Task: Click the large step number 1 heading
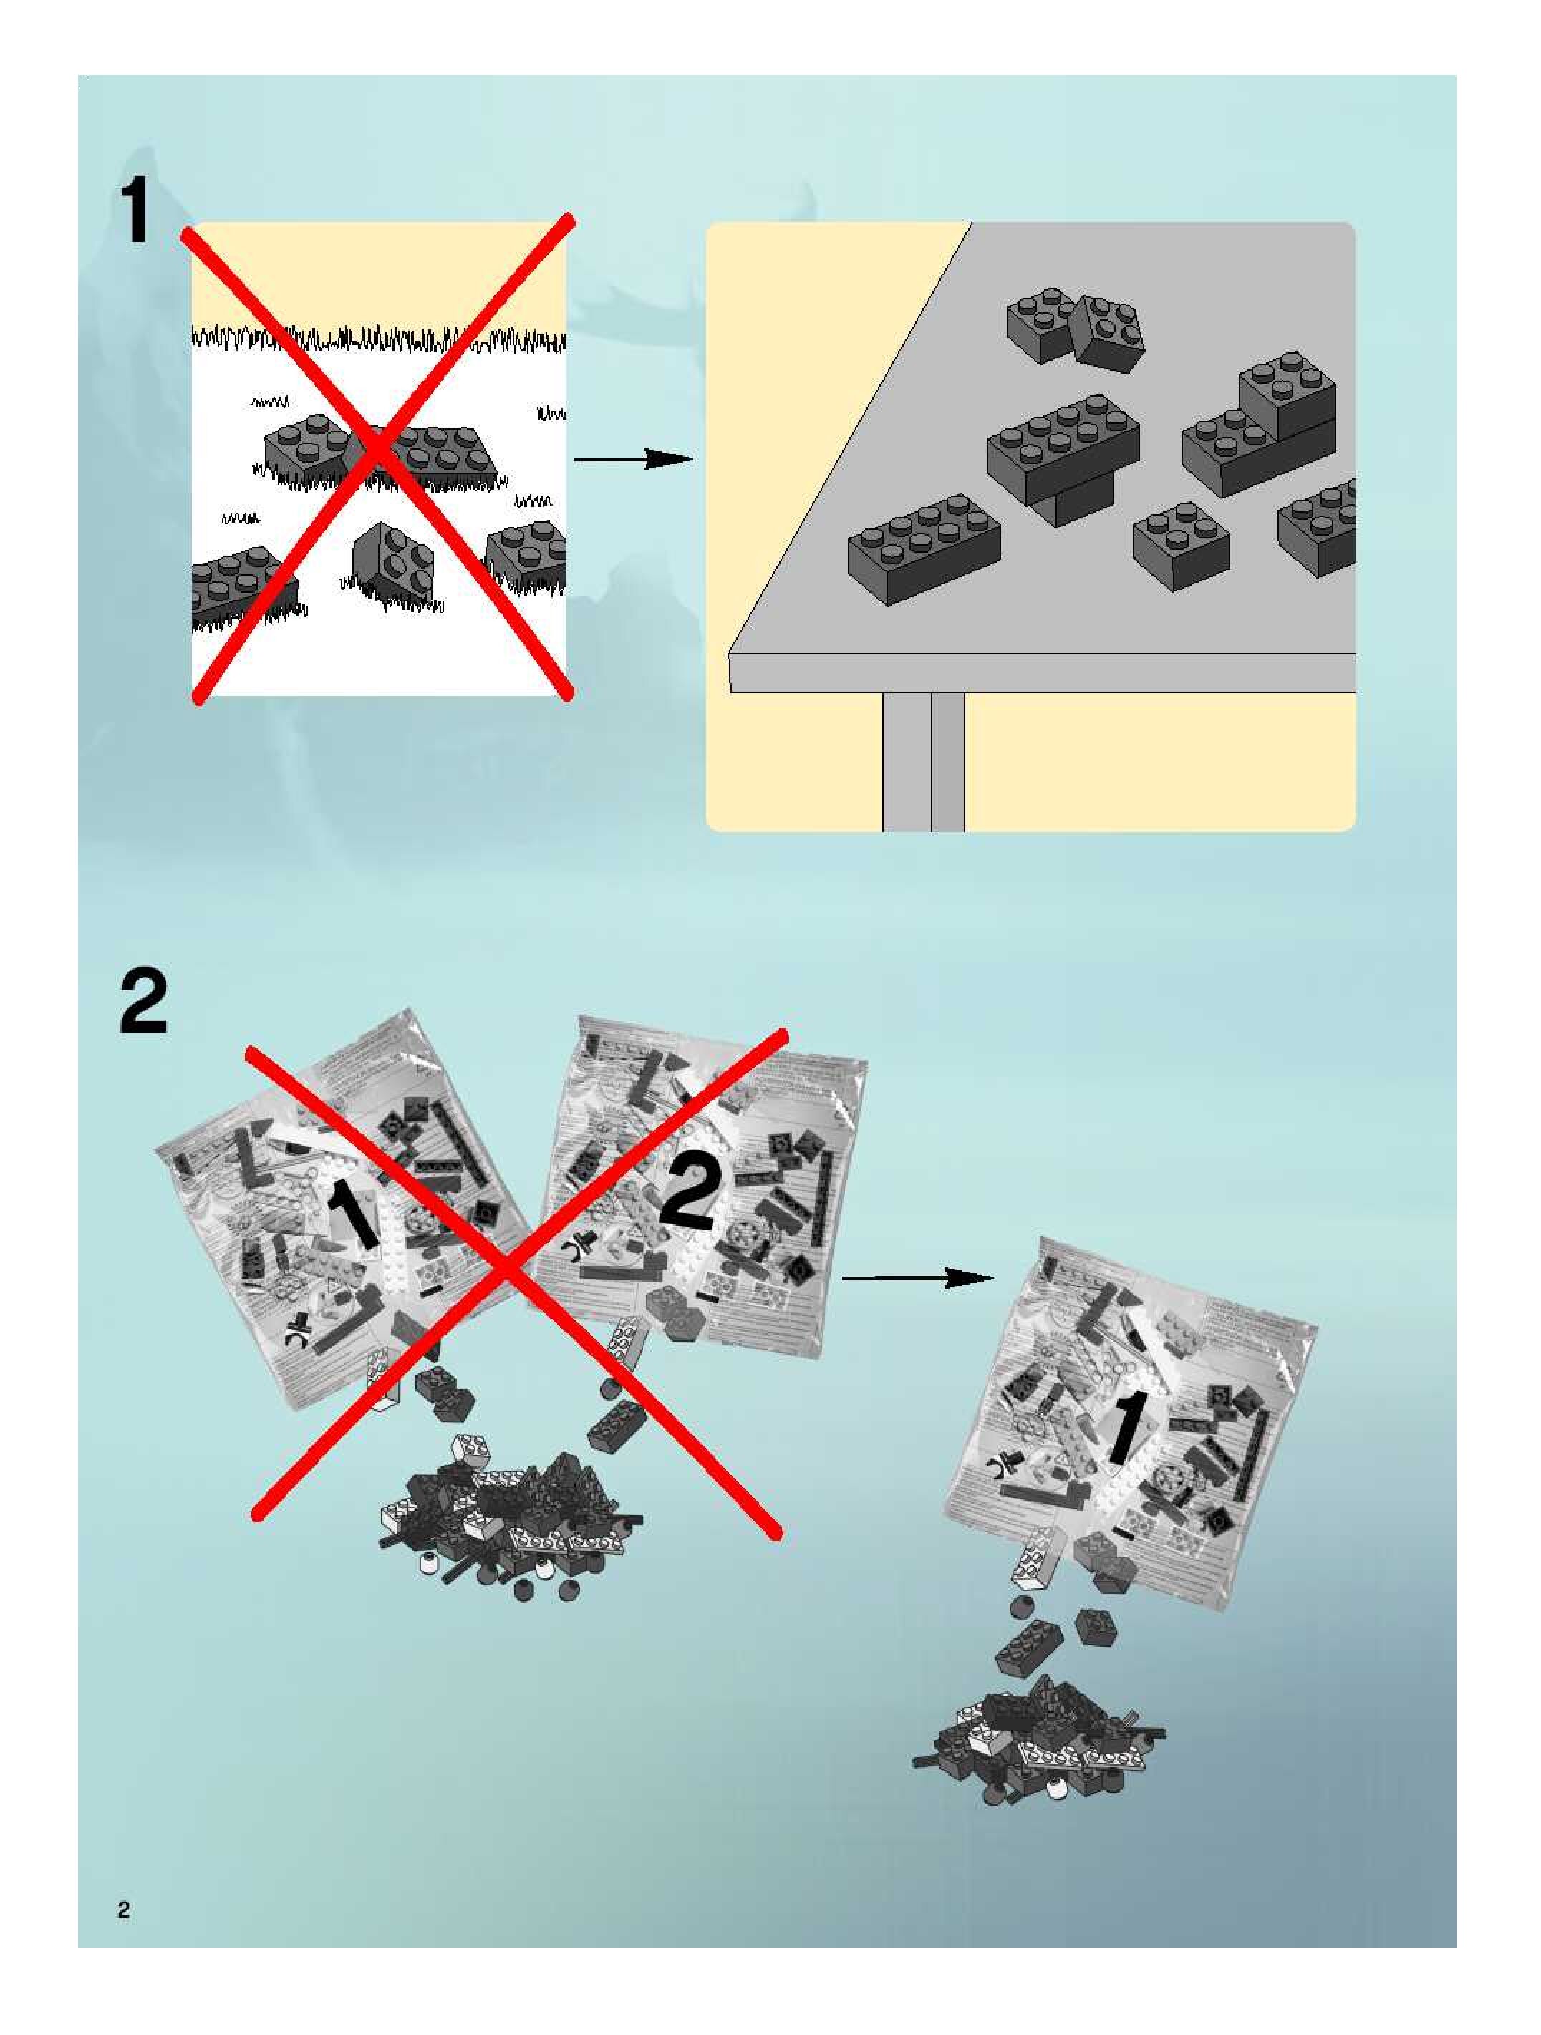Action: click(135, 213)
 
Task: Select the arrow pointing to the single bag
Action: click(917, 1278)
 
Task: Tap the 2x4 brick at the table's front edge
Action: click(923, 548)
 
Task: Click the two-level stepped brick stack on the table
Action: click(1260, 432)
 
